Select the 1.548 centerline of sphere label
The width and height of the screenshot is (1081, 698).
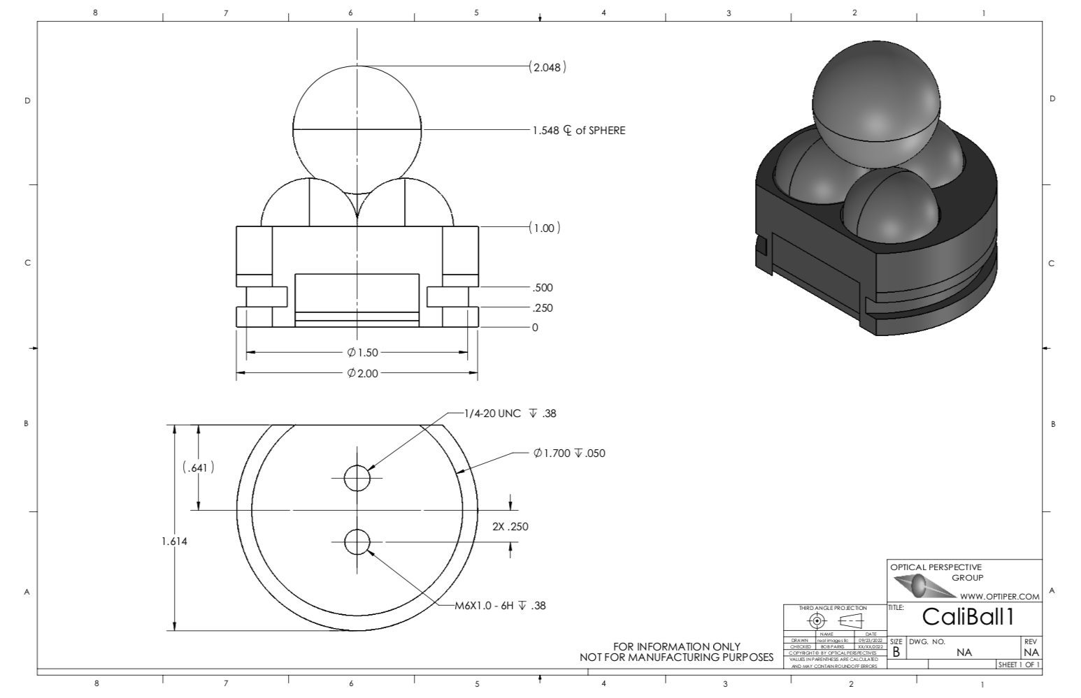578,130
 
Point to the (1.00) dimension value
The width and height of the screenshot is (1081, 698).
544,228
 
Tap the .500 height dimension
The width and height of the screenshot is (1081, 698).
542,288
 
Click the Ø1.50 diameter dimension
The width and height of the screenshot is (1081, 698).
362,353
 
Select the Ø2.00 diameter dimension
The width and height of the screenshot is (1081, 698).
362,374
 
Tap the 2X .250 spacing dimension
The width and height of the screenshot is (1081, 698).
510,527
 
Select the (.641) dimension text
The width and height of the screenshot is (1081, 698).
198,467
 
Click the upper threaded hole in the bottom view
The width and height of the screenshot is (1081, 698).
357,478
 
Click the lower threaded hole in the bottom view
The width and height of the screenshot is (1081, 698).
357,541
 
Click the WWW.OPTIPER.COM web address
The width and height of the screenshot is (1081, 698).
999,597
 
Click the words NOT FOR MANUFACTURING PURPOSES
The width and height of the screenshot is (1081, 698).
676,657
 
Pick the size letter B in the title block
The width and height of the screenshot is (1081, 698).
896,652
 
